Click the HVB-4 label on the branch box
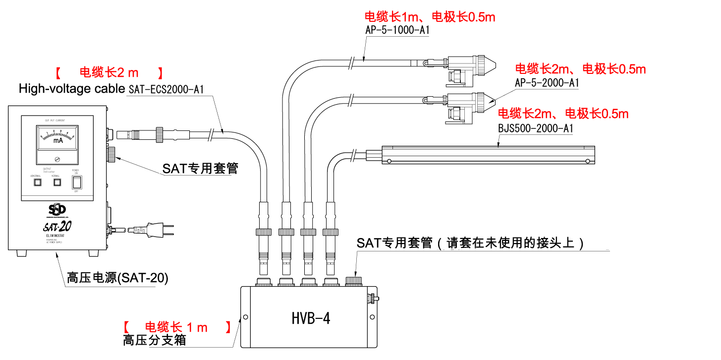(311, 318)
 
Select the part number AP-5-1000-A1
(397, 30)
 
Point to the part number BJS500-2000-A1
(535, 128)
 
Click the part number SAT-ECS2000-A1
(166, 90)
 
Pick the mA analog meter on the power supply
(57, 141)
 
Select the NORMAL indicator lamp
(57, 182)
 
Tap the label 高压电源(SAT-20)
(117, 278)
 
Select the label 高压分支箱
(155, 341)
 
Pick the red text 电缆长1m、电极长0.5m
(430, 17)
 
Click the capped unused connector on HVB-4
(353, 282)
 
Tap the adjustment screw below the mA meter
(57, 159)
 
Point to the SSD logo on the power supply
(56, 208)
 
